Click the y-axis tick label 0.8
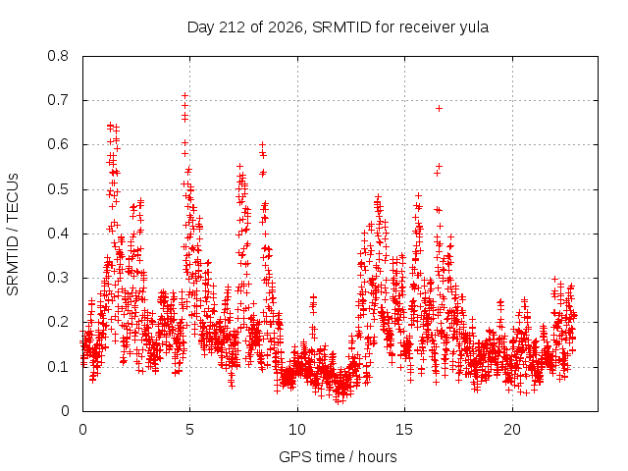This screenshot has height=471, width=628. pyautogui.click(x=58, y=56)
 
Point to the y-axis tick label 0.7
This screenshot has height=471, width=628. pyautogui.click(x=58, y=100)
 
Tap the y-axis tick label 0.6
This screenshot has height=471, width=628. pyautogui.click(x=58, y=144)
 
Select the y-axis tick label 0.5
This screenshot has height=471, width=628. pyautogui.click(x=58, y=189)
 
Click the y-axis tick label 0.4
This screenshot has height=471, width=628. pyautogui.click(x=58, y=234)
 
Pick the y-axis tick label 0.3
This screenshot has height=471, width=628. pyautogui.click(x=58, y=278)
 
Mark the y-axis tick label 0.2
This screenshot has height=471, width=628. pyautogui.click(x=58, y=322)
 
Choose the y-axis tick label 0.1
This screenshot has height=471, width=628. pyautogui.click(x=58, y=366)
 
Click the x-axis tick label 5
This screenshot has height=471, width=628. pyautogui.click(x=189, y=430)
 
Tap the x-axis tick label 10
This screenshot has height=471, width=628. pyautogui.click(x=297, y=430)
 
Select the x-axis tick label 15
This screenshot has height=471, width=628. pyautogui.click(x=404, y=430)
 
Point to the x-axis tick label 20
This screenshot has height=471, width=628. pyautogui.click(x=512, y=430)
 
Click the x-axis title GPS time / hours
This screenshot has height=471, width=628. pyautogui.click(x=338, y=457)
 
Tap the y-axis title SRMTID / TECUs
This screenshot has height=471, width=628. pyautogui.click(x=13, y=235)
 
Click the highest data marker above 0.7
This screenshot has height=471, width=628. pyautogui.click(x=184, y=95)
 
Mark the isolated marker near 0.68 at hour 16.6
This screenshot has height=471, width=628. pyautogui.click(x=439, y=108)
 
